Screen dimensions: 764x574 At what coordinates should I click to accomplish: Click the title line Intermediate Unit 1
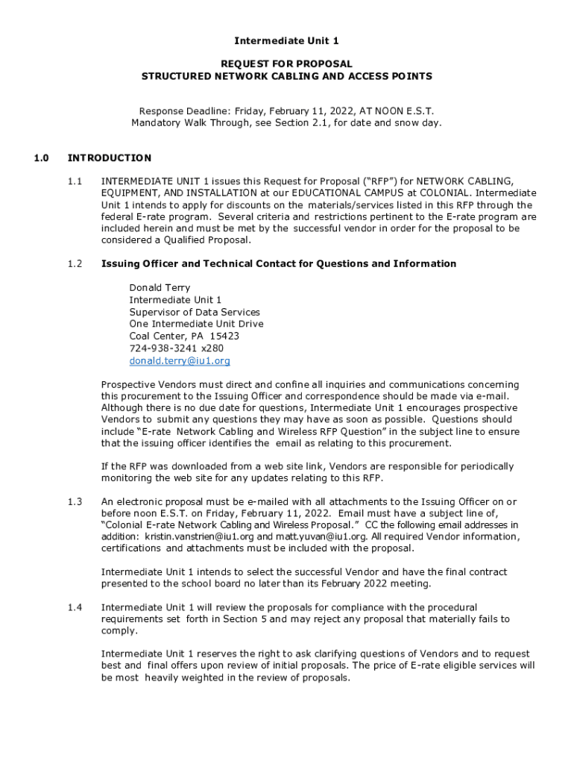286,40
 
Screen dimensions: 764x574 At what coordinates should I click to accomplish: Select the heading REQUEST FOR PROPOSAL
286,64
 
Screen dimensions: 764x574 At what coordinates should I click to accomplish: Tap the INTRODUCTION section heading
110,158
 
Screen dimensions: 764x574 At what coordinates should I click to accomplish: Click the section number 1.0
41,158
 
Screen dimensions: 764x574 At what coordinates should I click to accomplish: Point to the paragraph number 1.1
75,181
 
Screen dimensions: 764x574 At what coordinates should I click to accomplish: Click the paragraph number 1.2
75,263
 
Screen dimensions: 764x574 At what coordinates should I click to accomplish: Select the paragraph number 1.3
75,501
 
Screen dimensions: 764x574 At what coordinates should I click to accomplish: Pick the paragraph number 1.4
75,607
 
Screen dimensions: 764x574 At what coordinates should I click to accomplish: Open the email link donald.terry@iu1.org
180,360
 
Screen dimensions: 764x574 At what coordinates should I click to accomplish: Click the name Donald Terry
160,288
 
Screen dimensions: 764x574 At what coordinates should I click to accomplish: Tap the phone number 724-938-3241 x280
176,348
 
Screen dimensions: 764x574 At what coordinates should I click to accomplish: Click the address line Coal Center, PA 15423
184,336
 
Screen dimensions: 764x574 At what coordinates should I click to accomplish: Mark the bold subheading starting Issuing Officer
278,263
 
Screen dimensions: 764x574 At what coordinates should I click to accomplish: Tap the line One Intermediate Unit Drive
196,324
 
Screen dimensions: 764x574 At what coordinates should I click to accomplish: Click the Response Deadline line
286,110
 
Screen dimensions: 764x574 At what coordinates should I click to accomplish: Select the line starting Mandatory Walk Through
286,122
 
